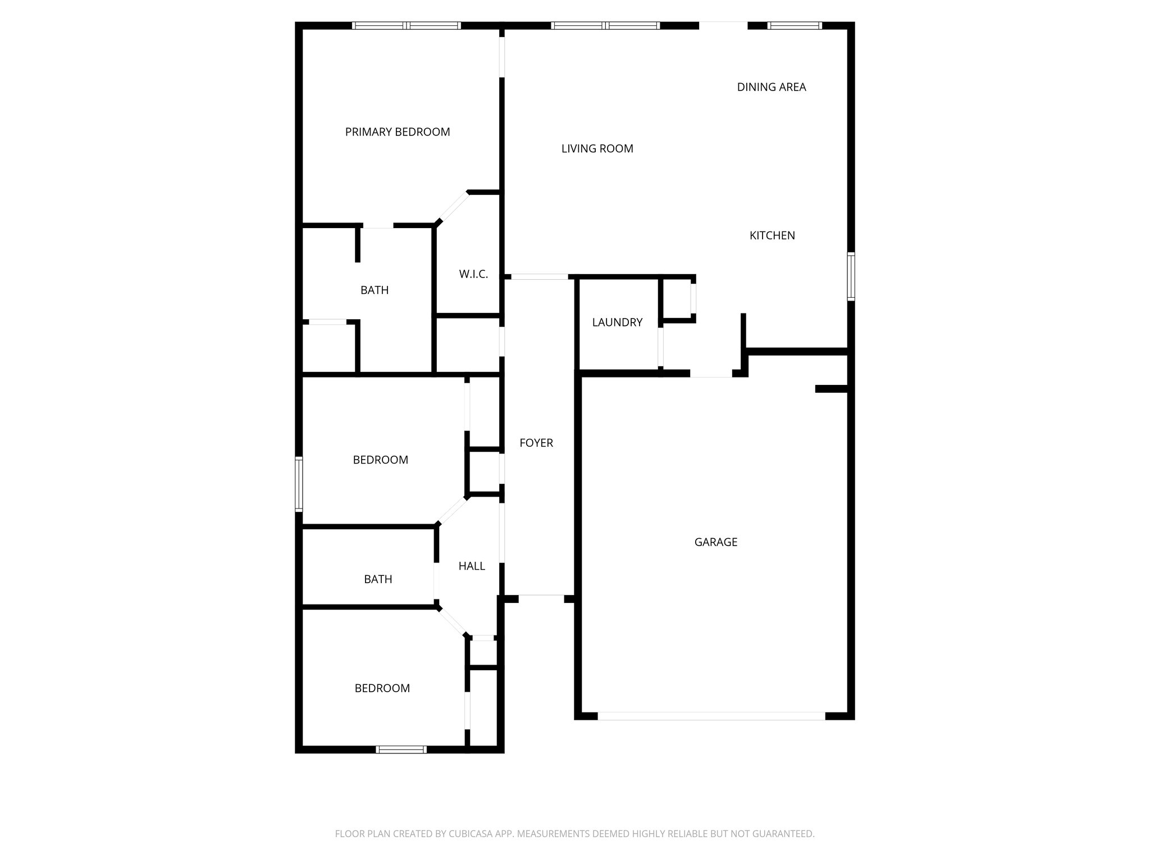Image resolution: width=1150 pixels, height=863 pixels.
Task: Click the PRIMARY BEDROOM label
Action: [x=397, y=132]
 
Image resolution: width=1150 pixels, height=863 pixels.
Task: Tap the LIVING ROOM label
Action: [x=597, y=149]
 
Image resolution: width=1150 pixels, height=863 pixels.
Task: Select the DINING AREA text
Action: [x=771, y=87]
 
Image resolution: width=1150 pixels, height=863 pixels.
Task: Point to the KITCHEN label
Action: [x=772, y=235]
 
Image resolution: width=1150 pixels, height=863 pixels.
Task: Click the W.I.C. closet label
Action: [x=473, y=274]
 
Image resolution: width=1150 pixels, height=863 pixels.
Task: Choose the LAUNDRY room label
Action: [x=617, y=323]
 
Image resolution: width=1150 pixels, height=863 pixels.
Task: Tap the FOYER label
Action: [x=536, y=443]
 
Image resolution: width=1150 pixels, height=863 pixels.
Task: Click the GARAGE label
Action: [x=715, y=542]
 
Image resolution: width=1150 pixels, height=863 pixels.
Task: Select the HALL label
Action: [x=472, y=566]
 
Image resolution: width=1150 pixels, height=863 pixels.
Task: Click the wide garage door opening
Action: [x=711, y=716]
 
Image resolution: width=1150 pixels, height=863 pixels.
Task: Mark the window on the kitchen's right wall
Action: [x=851, y=276]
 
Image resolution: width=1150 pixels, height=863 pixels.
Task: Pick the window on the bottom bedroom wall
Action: [x=401, y=749]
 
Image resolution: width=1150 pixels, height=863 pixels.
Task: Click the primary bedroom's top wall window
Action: [x=406, y=25]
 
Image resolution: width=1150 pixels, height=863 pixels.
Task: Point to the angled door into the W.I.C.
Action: [x=452, y=208]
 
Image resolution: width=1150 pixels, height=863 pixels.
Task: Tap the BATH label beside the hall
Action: [x=378, y=579]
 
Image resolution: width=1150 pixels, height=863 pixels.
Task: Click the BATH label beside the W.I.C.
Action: [x=375, y=290]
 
